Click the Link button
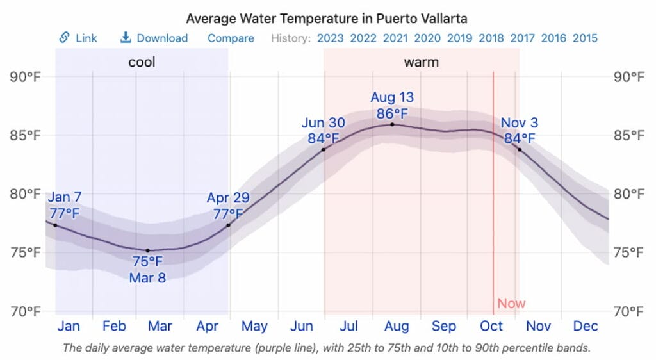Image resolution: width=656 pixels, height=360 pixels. coord(78,38)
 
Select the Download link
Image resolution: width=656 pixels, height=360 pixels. coord(154,38)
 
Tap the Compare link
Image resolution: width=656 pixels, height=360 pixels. coord(231,38)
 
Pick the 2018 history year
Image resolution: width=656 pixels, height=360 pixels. coord(491,38)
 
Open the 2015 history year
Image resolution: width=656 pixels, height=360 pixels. coord(585,38)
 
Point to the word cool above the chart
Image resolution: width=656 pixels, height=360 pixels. coord(142,62)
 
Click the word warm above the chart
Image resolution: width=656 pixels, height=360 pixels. coord(421,62)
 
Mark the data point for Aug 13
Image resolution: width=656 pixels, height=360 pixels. coord(392,124)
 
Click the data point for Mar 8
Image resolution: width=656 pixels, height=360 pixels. coord(148,250)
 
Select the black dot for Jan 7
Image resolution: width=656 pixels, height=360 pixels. coord(55,225)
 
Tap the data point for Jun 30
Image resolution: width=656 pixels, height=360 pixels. coord(324,150)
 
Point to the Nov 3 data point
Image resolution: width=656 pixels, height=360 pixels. coord(520,150)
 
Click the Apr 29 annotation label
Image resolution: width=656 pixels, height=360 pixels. coord(228,206)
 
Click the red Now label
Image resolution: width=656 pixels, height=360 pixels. coord(511,303)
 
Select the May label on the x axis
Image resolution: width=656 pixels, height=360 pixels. coord(254,326)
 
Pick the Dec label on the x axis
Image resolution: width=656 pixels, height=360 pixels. coord(586,326)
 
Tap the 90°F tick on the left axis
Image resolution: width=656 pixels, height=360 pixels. coord(25,77)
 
